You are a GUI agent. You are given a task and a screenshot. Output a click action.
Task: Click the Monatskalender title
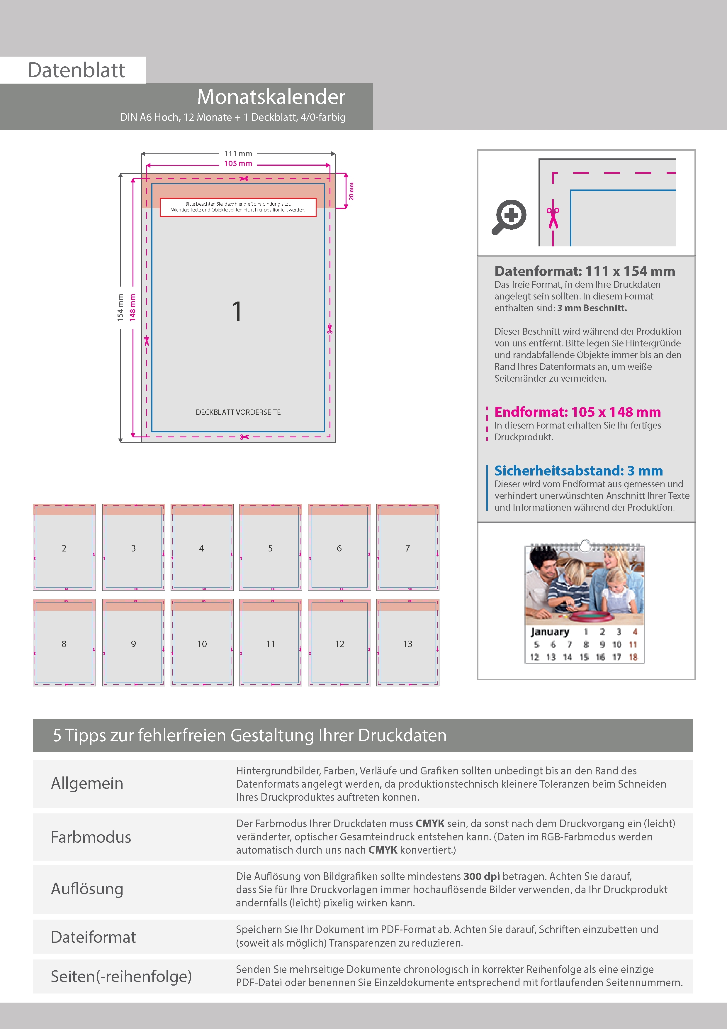click(x=271, y=97)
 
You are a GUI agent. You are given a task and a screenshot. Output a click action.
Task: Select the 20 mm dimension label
click(x=351, y=191)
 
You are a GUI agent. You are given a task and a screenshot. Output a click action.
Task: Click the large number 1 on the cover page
click(x=237, y=312)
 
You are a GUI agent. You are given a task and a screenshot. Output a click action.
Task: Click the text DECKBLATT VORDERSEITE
click(x=238, y=412)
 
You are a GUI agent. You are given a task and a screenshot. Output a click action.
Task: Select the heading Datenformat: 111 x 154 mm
click(x=585, y=271)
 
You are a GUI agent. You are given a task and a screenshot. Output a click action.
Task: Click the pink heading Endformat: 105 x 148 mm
click(x=577, y=412)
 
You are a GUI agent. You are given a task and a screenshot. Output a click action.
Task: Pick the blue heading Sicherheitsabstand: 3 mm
click(x=578, y=471)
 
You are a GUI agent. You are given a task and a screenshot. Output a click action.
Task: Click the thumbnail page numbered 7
click(x=408, y=547)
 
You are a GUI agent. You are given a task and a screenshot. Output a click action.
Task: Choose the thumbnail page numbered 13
click(x=408, y=643)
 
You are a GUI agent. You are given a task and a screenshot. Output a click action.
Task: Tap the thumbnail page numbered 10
click(x=202, y=643)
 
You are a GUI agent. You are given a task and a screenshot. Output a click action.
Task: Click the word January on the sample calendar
click(x=550, y=632)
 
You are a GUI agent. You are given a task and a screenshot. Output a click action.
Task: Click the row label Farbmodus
click(x=91, y=837)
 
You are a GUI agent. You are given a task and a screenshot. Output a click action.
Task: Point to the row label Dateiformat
click(x=93, y=937)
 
